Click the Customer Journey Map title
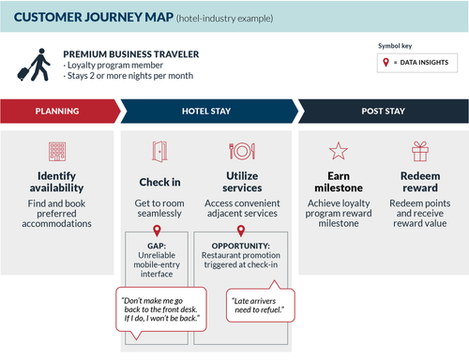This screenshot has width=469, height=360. [83, 17]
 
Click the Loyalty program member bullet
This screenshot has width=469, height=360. [104, 67]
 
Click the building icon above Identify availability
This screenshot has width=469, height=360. [57, 151]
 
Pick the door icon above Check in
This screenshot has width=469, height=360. [158, 151]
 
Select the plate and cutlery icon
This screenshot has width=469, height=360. [241, 151]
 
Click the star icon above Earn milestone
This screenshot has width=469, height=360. [337, 151]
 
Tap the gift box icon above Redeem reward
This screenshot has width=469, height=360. [420, 151]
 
